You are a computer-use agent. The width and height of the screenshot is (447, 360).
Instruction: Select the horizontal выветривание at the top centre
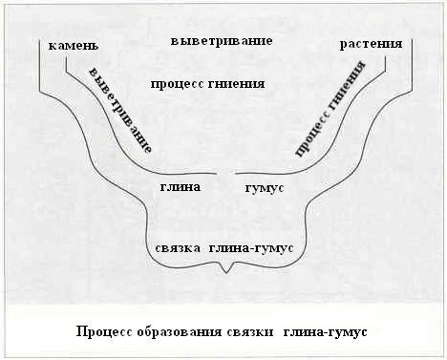pyautogui.click(x=222, y=41)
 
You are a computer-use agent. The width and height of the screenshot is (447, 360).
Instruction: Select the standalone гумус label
pyautogui.click(x=264, y=188)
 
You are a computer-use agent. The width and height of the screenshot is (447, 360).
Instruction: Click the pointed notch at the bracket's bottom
pyautogui.click(x=225, y=274)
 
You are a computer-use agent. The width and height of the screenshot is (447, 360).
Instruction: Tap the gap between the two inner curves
pyautogui.click(x=226, y=175)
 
